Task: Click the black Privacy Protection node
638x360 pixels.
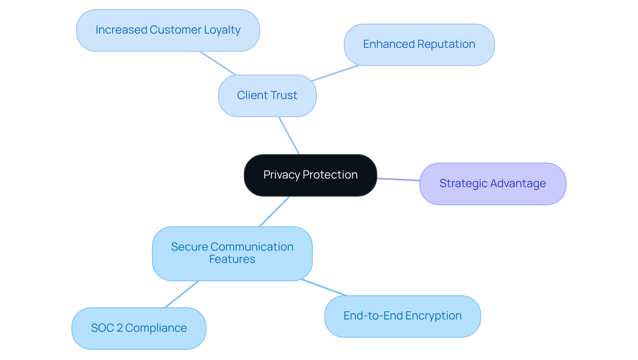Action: pyautogui.click(x=310, y=175)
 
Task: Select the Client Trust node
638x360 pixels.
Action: pyautogui.click(x=267, y=96)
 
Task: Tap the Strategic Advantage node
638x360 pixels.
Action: pyautogui.click(x=493, y=184)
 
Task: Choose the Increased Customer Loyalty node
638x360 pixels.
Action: pyautogui.click(x=168, y=30)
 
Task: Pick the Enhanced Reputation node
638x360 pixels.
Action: pyautogui.click(x=419, y=45)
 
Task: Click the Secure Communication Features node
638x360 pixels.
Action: pyautogui.click(x=232, y=254)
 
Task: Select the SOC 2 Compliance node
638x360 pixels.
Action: pyautogui.click(x=139, y=328)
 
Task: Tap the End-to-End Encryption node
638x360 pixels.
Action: pyautogui.click(x=402, y=316)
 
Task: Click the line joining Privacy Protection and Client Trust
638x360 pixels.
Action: pyautogui.click(x=289, y=136)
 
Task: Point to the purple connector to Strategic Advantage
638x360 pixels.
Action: pyautogui.click(x=398, y=180)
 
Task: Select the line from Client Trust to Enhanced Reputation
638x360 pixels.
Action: pyautogui.click(x=336, y=73)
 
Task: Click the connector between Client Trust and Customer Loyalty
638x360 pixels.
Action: pyautogui.click(x=218, y=63)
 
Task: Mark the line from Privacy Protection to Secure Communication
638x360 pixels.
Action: pyautogui.click(x=274, y=211)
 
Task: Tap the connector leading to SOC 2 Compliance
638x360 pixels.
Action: pyautogui.click(x=182, y=294)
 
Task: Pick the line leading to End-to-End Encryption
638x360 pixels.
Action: pyautogui.click(x=324, y=288)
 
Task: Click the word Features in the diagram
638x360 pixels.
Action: pyautogui.click(x=232, y=259)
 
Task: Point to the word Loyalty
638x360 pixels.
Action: pyautogui.click(x=222, y=30)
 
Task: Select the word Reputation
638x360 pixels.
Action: pyautogui.click(x=446, y=45)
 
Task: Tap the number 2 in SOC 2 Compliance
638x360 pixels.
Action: pyautogui.click(x=120, y=328)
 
